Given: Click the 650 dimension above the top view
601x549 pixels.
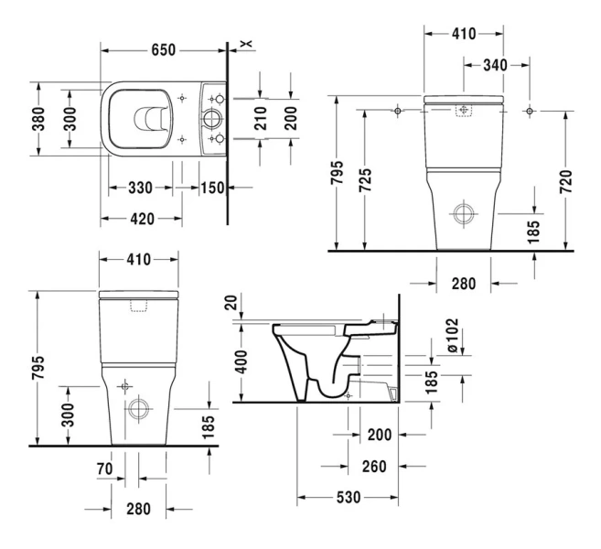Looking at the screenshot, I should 164,49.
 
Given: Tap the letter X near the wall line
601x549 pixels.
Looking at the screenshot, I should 243,43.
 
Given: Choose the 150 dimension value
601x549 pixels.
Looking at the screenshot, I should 210,188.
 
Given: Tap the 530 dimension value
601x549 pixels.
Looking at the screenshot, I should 348,497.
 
